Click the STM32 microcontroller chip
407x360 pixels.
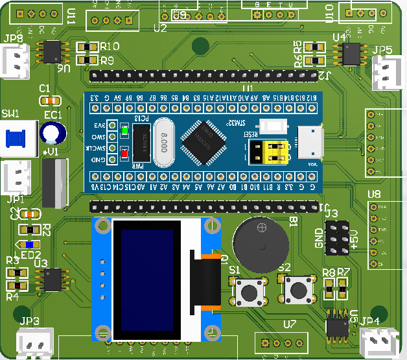pos(203,141)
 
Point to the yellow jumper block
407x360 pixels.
pos(276,153)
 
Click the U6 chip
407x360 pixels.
pos(52,52)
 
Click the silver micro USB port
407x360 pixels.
pos(310,143)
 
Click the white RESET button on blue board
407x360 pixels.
pos(273,126)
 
